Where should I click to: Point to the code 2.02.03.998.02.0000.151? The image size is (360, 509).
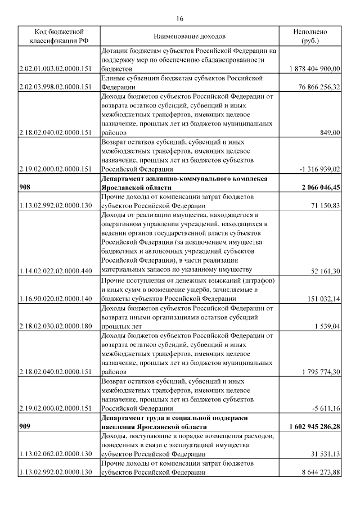(x=55, y=87)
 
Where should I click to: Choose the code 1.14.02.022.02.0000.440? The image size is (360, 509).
(x=55, y=271)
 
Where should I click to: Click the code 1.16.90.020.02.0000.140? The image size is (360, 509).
(x=55, y=299)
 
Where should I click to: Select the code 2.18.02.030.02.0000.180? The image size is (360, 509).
(x=55, y=326)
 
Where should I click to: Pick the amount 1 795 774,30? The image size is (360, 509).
(x=321, y=371)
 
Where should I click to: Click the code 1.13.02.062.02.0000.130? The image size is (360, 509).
(x=55, y=453)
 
